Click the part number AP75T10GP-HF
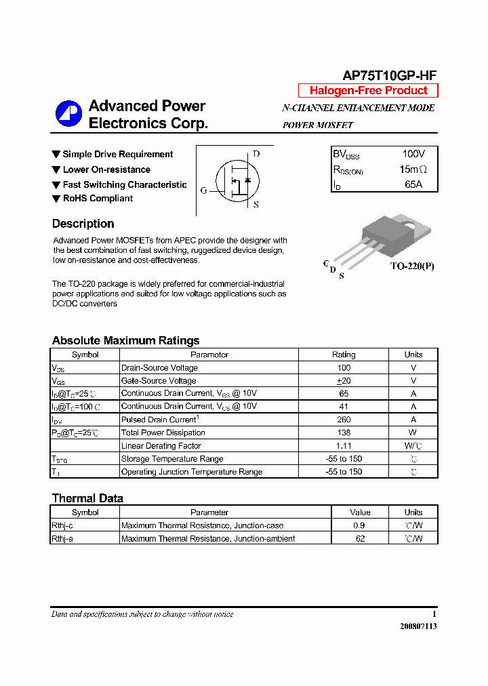pyautogui.click(x=388, y=77)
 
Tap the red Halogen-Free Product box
pyautogui.click(x=368, y=91)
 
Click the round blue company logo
pyautogui.click(x=68, y=115)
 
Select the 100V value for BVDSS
pyautogui.click(x=413, y=155)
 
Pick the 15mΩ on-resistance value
pyautogui.click(x=413, y=169)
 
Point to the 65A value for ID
pyautogui.click(x=413, y=184)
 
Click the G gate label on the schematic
pyautogui.click(x=203, y=190)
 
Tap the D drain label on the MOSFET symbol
pyautogui.click(x=256, y=154)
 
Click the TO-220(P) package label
pyautogui.click(x=411, y=266)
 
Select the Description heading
pyautogui.click(x=83, y=224)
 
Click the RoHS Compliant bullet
pyautogui.click(x=98, y=199)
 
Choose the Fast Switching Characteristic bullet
pyautogui.click(x=124, y=184)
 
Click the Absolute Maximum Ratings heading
pyautogui.click(x=125, y=341)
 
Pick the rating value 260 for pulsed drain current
pyautogui.click(x=344, y=420)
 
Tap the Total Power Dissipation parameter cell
pyautogui.click(x=163, y=432)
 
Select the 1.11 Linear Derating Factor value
pyautogui.click(x=344, y=445)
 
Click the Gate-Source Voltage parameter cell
pyautogui.click(x=159, y=381)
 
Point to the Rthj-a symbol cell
pyautogui.click(x=62, y=538)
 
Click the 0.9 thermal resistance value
pyautogui.click(x=360, y=525)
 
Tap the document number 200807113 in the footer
pyautogui.click(x=418, y=626)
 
